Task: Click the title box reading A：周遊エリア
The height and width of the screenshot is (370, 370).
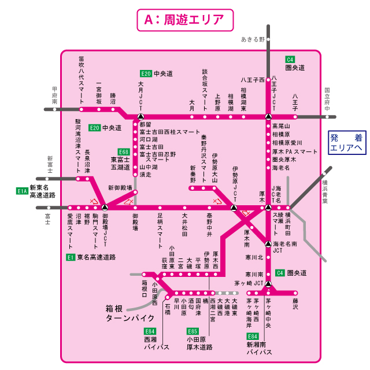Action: click(184, 19)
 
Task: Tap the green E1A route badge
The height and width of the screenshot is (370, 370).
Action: click(23, 190)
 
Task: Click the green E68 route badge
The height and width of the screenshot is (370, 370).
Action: click(123, 151)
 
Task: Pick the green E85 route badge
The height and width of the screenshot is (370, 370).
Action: click(193, 331)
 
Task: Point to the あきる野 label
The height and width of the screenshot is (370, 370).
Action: click(253, 39)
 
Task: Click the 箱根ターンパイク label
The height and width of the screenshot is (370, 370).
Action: click(129, 313)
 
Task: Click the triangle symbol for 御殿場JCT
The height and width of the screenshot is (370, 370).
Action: click(104, 207)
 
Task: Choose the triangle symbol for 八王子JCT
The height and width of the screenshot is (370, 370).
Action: click(268, 116)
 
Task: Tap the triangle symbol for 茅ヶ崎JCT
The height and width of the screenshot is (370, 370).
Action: click(268, 283)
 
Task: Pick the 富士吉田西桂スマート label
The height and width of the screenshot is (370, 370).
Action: click(170, 132)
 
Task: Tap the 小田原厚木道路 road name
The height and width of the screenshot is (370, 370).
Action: click(199, 343)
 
